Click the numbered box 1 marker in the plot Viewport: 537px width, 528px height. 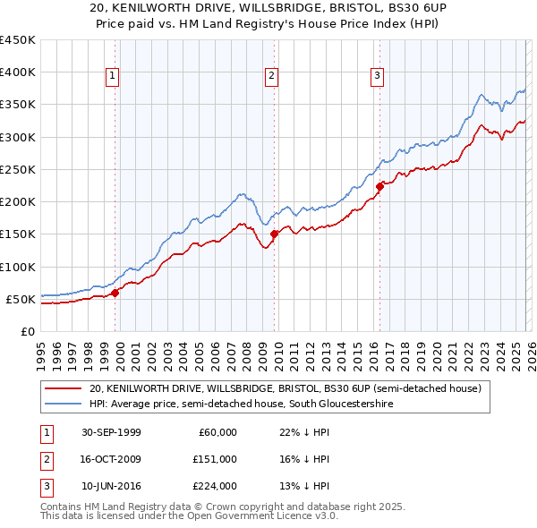[113, 77]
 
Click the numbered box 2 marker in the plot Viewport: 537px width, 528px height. [270, 77]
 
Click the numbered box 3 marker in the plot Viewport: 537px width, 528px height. [377, 77]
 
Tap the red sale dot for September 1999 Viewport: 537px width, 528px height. [115, 293]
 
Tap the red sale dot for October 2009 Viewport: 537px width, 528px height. [275, 234]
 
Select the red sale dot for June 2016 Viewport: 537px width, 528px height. [379, 186]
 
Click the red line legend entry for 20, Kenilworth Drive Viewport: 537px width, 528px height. [285, 388]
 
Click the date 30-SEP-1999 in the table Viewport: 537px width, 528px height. [111, 432]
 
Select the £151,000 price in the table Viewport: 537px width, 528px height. [215, 459]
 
